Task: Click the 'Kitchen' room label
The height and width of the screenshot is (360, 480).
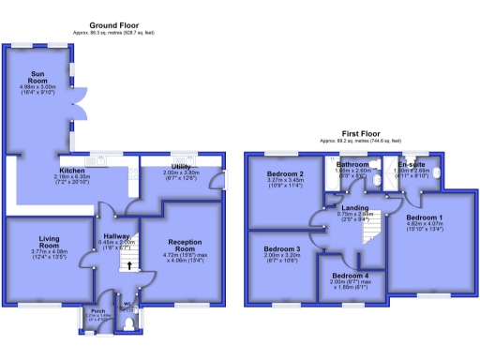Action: click(72, 157)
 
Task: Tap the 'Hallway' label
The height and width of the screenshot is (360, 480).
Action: click(116, 236)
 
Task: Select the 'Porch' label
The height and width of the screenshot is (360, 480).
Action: click(97, 310)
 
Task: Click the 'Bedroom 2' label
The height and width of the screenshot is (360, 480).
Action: click(284, 174)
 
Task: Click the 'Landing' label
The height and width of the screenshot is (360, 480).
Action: click(354, 207)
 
